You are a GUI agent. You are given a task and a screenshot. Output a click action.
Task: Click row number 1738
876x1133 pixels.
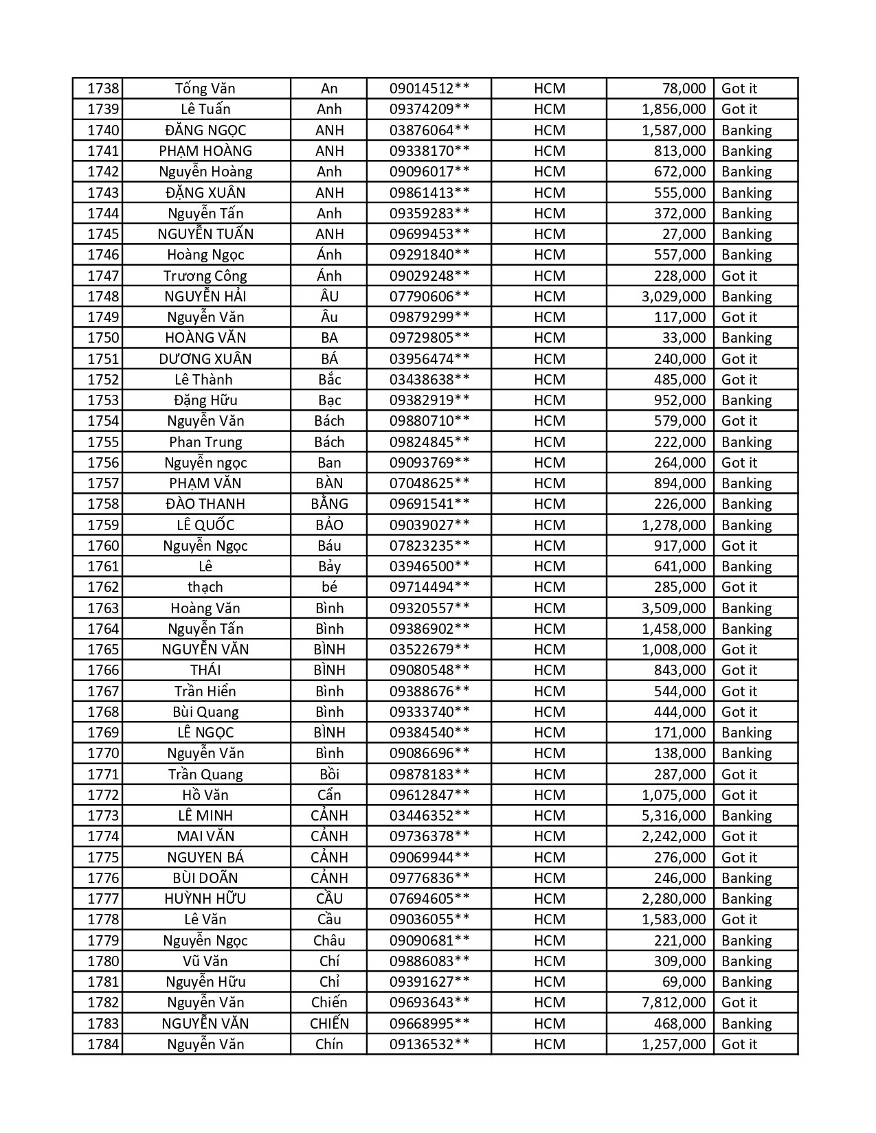tap(103, 89)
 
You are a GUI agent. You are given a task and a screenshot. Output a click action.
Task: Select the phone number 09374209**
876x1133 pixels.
tap(429, 109)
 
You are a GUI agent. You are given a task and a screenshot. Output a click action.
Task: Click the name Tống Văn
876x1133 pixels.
tap(205, 89)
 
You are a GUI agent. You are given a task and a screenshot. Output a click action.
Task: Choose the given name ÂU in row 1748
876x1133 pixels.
tap(329, 297)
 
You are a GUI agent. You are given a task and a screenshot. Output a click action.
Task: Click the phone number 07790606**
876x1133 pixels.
tap(429, 297)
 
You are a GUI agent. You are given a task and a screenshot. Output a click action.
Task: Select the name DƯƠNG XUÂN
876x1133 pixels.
tap(205, 359)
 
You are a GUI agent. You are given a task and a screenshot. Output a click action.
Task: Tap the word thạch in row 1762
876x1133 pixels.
tap(205, 587)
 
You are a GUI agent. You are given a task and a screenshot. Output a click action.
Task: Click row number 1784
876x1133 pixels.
tap(103, 1044)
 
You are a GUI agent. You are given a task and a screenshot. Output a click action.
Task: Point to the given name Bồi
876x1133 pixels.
tap(329, 775)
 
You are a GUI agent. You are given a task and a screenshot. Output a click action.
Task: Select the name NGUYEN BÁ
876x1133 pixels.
tap(205, 858)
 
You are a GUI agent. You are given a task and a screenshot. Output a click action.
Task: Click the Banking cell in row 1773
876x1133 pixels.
tap(746, 816)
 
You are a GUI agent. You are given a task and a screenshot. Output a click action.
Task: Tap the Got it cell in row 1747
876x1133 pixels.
tap(739, 276)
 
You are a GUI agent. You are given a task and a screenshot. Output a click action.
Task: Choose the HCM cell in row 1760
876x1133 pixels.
tap(549, 546)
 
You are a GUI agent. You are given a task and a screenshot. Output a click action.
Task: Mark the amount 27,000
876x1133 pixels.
tap(684, 234)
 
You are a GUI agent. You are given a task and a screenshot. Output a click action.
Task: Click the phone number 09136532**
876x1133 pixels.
tap(429, 1044)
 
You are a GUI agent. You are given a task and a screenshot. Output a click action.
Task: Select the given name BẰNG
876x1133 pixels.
tap(329, 504)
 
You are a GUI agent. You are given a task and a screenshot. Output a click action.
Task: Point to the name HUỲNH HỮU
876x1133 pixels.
tap(205, 899)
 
